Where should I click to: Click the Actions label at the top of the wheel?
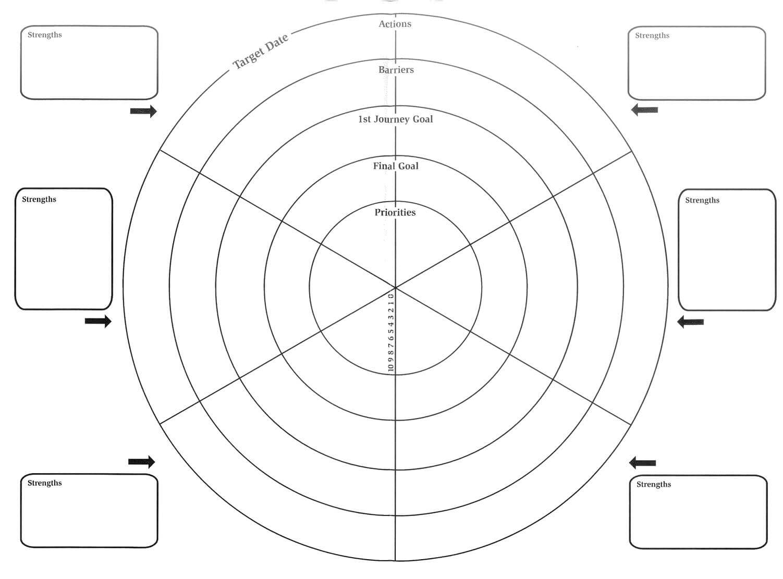(395, 24)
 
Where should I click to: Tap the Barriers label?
(396, 69)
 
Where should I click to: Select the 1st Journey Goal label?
(395, 119)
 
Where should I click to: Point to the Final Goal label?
(395, 166)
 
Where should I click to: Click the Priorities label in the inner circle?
(395, 212)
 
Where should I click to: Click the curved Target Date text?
(261, 51)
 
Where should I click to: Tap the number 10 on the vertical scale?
(390, 367)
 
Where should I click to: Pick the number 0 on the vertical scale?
(390, 296)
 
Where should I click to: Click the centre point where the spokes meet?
(395, 287)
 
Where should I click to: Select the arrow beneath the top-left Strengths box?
(143, 111)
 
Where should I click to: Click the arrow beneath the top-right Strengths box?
(644, 110)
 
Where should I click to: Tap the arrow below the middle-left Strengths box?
(98, 321)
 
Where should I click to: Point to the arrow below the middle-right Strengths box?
(690, 322)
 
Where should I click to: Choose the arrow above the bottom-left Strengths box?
(141, 462)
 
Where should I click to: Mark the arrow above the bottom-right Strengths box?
(642, 463)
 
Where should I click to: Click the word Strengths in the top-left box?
(44, 35)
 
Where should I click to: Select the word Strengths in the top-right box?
(652, 35)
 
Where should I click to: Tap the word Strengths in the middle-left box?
(39, 200)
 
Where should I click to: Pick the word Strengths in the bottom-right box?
(654, 484)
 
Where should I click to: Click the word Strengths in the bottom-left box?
(44, 483)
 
